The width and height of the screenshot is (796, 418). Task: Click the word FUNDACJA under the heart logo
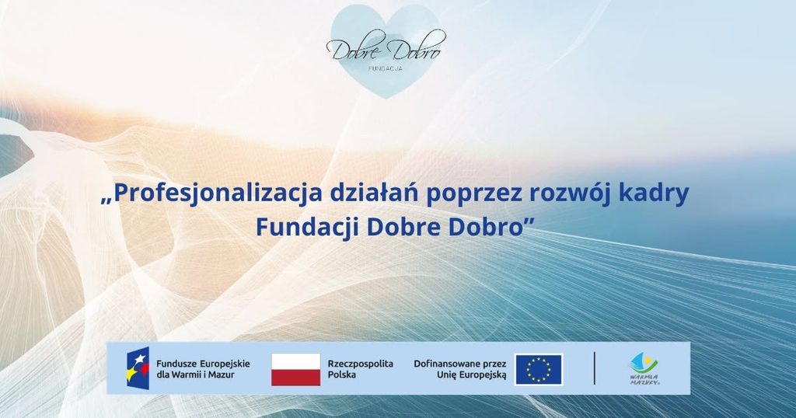click(386, 68)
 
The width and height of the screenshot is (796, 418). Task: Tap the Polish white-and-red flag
click(295, 369)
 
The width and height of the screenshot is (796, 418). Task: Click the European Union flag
click(539, 369)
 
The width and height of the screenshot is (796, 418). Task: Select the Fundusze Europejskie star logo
click(138, 368)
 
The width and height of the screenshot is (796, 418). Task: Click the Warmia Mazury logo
click(644, 369)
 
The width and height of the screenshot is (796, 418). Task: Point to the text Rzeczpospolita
click(361, 364)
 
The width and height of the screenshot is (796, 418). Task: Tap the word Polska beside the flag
click(342, 375)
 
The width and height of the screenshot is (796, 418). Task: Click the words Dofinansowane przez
click(460, 364)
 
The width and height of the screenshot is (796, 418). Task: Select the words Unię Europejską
click(472, 375)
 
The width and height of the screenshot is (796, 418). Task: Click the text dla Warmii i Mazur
click(195, 375)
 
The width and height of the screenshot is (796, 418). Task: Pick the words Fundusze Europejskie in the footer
click(203, 364)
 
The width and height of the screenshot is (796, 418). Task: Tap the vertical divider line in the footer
click(595, 368)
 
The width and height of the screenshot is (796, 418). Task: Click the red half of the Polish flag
click(295, 378)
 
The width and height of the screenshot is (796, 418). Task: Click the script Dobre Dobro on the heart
click(386, 48)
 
